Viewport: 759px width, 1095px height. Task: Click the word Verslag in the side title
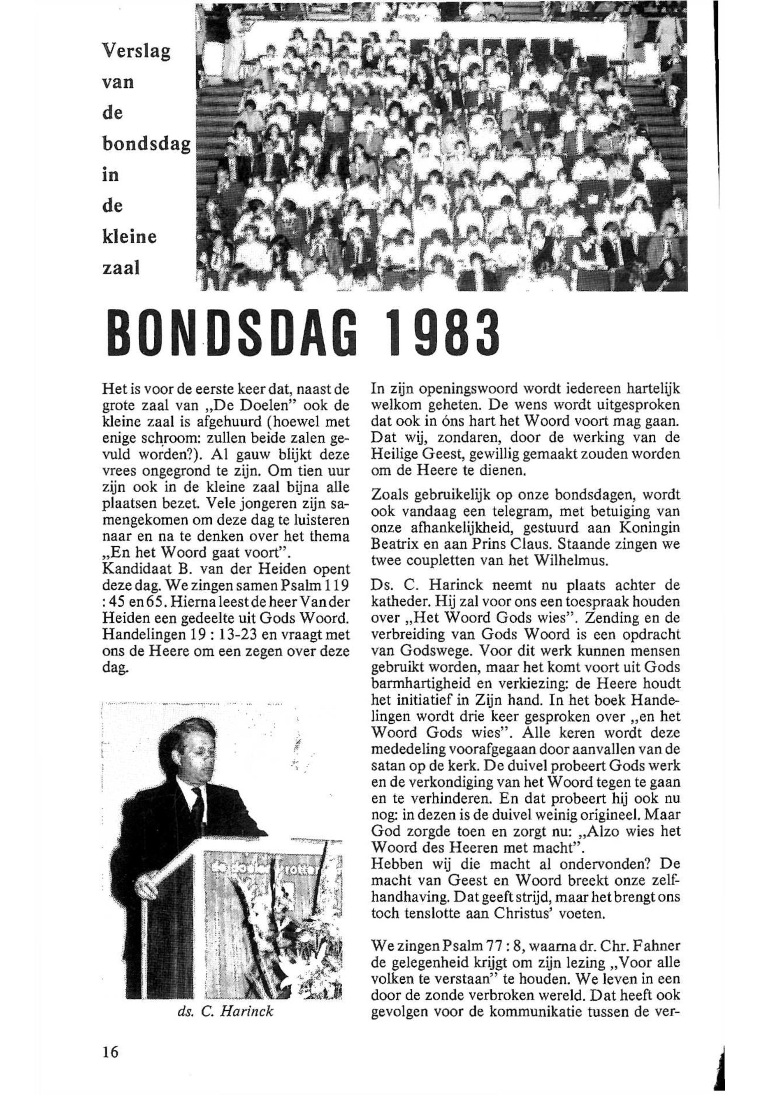pos(136,52)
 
